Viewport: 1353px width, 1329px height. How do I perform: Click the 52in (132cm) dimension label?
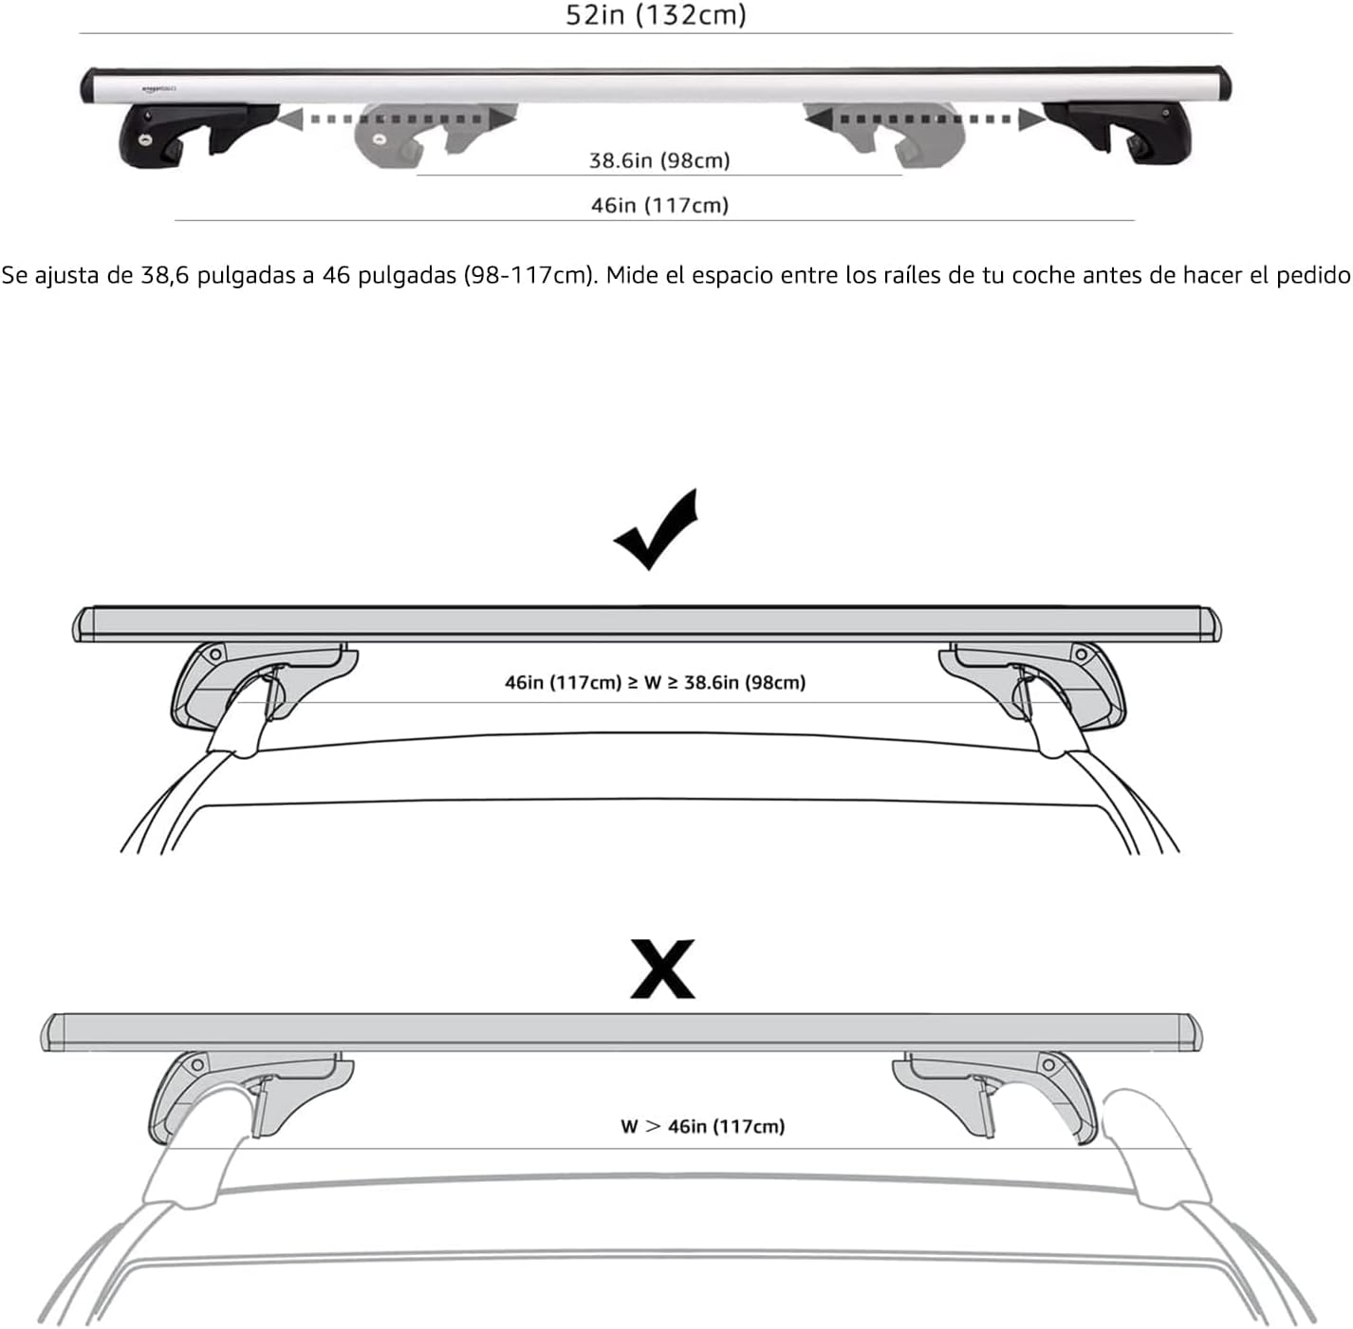(x=656, y=15)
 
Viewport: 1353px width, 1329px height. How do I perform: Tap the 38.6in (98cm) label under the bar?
(x=659, y=160)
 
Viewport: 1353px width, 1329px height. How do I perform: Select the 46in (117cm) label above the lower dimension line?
(x=660, y=206)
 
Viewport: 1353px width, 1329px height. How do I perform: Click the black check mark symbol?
(x=656, y=529)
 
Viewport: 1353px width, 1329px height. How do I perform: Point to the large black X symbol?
(x=662, y=969)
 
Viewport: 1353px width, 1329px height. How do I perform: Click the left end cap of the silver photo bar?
(x=88, y=85)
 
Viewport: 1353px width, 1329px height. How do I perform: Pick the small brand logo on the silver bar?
(x=158, y=89)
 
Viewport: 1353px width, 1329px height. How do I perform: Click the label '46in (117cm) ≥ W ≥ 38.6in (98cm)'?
(x=655, y=682)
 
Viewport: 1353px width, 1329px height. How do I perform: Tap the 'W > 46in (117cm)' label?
(x=703, y=1127)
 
